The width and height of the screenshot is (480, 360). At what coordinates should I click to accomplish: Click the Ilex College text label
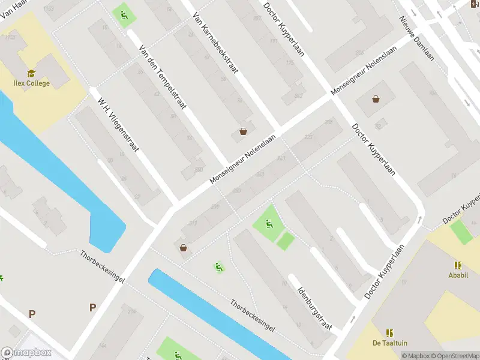(x=31, y=83)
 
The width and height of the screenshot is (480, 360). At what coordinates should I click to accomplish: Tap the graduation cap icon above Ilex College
(x=31, y=73)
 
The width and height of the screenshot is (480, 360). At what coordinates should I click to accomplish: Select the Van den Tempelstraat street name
(x=162, y=78)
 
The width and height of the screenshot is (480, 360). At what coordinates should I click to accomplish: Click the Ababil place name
(x=458, y=276)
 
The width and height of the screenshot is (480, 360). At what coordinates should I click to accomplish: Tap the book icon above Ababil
(x=458, y=265)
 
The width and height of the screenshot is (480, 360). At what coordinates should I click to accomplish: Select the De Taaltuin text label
(x=389, y=343)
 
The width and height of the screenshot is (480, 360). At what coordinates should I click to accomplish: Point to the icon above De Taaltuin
(x=389, y=332)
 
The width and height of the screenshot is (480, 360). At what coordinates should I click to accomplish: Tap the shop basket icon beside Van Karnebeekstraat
(x=243, y=131)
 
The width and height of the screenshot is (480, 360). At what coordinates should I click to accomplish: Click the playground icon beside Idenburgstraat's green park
(x=269, y=224)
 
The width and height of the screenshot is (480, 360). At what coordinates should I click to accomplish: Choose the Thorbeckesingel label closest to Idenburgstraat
(x=253, y=314)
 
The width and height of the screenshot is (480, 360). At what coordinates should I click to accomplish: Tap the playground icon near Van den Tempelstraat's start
(x=124, y=14)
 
